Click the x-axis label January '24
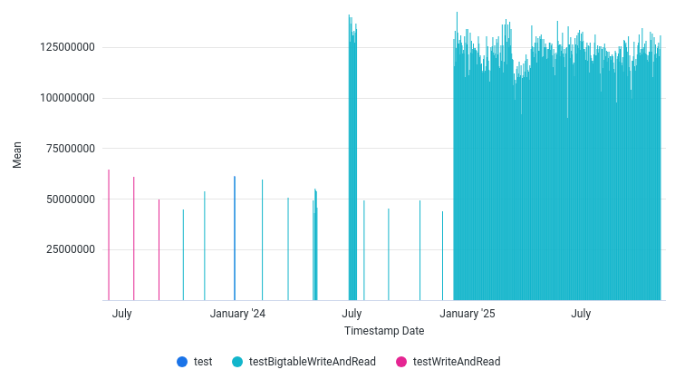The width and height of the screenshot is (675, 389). [x=238, y=314]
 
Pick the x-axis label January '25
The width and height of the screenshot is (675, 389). [x=468, y=314]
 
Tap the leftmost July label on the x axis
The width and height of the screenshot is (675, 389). [x=122, y=314]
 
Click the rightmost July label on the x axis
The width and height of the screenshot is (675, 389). [x=581, y=314]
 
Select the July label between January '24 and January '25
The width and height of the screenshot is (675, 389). [x=352, y=314]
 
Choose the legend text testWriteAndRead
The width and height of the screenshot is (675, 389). [x=456, y=361]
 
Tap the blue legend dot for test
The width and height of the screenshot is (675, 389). [x=182, y=361]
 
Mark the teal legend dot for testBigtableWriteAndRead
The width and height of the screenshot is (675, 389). [x=237, y=361]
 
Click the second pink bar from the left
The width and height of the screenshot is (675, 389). [x=134, y=238]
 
